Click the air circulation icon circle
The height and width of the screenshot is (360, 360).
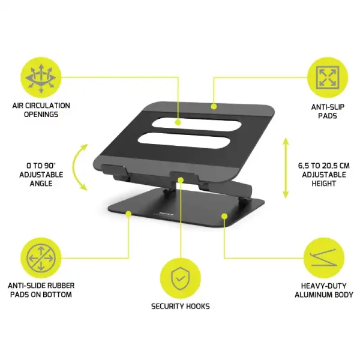(41, 76)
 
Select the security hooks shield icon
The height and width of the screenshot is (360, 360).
(180, 277)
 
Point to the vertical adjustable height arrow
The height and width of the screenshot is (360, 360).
(286, 170)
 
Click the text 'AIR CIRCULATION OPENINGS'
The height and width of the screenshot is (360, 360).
(41, 110)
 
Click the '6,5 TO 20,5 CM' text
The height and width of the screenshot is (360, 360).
(322, 166)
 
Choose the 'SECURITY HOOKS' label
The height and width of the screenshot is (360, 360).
(180, 306)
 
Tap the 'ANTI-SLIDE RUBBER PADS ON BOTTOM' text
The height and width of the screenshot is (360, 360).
(41, 290)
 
